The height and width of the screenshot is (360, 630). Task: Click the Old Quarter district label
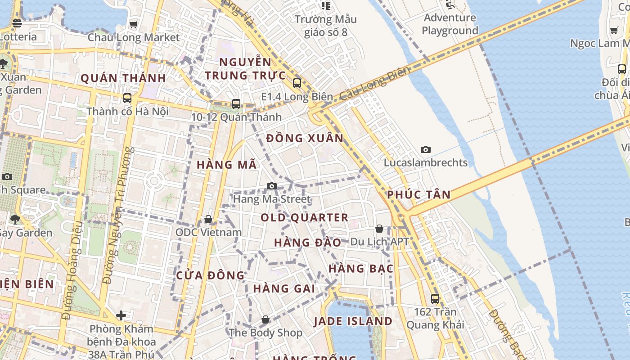[x=305, y=218]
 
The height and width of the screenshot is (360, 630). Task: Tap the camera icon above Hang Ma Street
[x=272, y=186]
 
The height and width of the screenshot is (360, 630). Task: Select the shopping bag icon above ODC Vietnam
[x=208, y=220]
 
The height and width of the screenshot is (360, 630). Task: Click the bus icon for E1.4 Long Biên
[x=297, y=83]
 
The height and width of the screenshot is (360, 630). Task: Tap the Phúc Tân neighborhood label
[x=418, y=195]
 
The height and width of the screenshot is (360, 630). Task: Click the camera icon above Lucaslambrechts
[x=425, y=150]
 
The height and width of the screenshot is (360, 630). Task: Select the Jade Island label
[x=353, y=321]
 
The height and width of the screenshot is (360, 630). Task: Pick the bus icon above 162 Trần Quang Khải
[x=435, y=298]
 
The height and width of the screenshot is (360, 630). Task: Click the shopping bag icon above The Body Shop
[x=265, y=320]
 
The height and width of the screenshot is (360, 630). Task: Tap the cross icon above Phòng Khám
[x=121, y=316]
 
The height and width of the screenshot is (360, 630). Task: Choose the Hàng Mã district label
[x=227, y=165]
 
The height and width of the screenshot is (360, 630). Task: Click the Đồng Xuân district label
[x=305, y=138]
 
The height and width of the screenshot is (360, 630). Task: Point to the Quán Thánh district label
[x=123, y=78]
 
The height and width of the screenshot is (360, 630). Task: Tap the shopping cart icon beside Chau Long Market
[x=134, y=25]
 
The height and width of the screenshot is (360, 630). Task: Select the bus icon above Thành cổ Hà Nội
[x=127, y=98]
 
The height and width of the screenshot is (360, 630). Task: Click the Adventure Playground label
[x=450, y=24]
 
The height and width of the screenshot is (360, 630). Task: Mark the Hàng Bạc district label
[x=361, y=269]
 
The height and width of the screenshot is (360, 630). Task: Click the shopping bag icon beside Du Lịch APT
[x=379, y=229]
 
